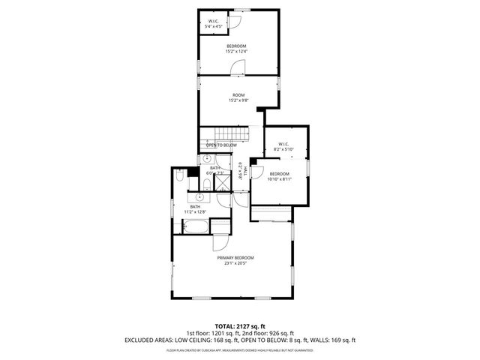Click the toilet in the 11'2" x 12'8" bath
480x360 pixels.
pyautogui.click(x=181, y=177)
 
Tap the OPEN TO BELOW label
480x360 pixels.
pyautogui.click(x=221, y=145)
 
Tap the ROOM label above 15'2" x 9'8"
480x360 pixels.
pyautogui.click(x=238, y=94)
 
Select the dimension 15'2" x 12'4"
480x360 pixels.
pyautogui.click(x=237, y=52)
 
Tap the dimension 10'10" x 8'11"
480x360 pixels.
pyautogui.click(x=280, y=179)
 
